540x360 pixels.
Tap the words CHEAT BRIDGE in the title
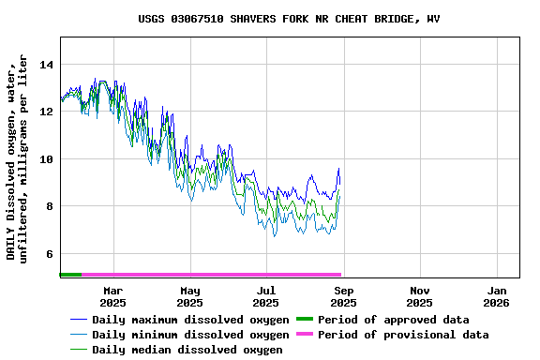click(352, 19)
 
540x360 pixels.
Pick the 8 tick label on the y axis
click(49, 206)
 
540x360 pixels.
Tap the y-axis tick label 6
click(49, 254)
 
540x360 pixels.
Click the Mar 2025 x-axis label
click(112, 296)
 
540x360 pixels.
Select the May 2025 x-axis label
click(189, 296)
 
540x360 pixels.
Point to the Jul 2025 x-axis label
click(266, 296)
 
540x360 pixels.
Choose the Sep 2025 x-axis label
click(343, 296)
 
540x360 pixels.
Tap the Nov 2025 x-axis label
click(420, 296)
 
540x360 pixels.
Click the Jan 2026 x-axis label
click(497, 296)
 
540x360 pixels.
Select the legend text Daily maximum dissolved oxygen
click(190, 320)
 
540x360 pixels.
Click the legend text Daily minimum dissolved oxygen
click(190, 335)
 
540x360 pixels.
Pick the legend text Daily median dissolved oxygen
click(187, 350)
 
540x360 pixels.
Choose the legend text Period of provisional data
click(403, 335)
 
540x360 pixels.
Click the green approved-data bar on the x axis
click(70, 275)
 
